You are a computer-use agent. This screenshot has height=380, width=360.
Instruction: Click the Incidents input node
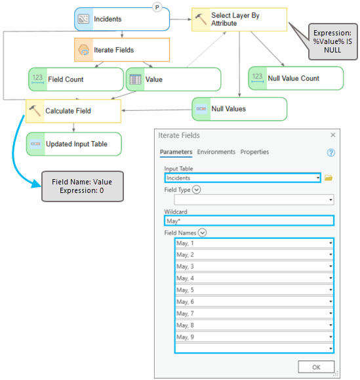122,19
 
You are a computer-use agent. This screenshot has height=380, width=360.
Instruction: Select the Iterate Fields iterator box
122,50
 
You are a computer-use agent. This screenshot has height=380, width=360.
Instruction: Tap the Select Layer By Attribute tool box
239,20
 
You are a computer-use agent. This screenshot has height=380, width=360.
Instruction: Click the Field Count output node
76,79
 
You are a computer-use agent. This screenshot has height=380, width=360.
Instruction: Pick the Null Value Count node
296,78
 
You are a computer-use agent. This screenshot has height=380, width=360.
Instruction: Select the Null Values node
239,109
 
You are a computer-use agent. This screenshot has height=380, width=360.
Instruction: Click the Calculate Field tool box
73,111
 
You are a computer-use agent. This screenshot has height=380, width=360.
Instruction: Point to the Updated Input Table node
74,144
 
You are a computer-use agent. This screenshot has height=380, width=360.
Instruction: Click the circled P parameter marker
157,7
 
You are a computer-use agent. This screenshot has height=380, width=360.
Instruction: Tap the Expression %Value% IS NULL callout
332,41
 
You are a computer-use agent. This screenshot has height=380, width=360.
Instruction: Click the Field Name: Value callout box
83,186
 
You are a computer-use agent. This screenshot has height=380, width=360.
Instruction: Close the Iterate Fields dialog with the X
333,135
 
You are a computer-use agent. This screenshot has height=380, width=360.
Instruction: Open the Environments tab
216,152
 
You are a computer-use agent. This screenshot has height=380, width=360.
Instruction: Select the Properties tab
254,152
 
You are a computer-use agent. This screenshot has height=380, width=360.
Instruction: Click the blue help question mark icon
331,153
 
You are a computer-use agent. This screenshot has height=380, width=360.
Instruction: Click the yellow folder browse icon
329,178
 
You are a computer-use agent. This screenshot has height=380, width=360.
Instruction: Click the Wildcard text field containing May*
249,221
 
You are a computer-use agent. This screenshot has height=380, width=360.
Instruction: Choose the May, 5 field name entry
254,290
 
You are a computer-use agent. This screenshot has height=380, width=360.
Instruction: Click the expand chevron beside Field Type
196,190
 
